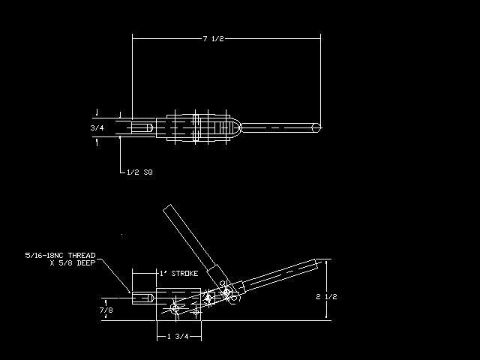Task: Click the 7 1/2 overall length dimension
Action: coord(213,39)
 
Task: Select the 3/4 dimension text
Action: coord(97,128)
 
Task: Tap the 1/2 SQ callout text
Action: coord(139,172)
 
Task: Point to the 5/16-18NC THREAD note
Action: coord(60,255)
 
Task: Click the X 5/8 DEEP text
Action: coord(73,263)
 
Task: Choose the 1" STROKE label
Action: coord(178,273)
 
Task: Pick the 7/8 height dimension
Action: coord(106,310)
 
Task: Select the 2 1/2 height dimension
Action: coord(327,297)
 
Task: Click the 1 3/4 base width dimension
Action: coord(178,337)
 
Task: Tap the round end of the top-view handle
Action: coord(316,127)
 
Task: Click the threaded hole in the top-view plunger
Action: coord(142,127)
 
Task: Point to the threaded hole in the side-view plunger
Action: coord(142,298)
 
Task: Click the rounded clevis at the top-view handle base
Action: coord(236,127)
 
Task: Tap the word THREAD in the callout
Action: coord(82,255)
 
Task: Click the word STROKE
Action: coord(184,273)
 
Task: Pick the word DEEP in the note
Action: coord(86,263)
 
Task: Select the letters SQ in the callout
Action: coord(148,172)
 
